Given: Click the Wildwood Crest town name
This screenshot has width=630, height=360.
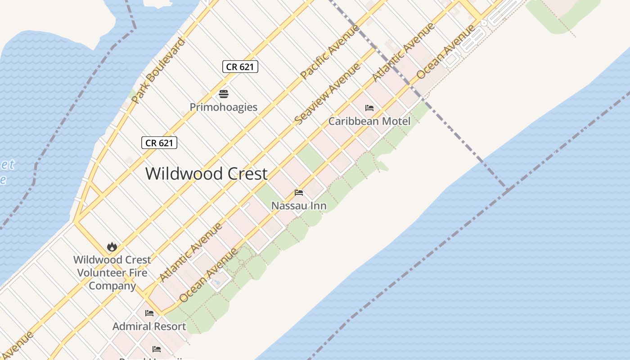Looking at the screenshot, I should [207, 174].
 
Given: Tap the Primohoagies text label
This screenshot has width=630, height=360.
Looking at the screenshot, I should [224, 107].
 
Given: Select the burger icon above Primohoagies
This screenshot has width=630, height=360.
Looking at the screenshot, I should [224, 94].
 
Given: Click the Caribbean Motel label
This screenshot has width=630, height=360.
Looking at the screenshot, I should [369, 121].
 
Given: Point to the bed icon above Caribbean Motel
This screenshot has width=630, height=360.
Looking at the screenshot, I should [369, 108].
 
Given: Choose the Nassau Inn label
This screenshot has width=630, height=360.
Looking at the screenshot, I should [299, 206].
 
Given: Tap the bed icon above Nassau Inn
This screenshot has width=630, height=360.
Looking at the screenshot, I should [299, 193].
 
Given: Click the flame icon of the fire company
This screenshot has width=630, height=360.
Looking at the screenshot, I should [112, 247].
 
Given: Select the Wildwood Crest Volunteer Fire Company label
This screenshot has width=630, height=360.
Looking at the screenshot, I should [112, 272].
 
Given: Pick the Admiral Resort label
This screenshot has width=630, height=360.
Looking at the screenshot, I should [149, 326].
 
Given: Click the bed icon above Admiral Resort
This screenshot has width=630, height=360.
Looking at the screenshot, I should [149, 313].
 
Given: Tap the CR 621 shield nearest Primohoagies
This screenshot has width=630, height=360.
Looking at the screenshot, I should [240, 67].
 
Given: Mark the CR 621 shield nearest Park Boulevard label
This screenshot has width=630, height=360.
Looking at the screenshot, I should [159, 143].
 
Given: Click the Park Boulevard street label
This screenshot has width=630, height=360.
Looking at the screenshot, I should [158, 71].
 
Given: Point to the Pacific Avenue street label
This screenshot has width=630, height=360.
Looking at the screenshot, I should [330, 51].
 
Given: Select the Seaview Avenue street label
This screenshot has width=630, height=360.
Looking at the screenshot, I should [327, 94].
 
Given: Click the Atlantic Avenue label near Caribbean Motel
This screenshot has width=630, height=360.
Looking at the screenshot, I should [403, 52].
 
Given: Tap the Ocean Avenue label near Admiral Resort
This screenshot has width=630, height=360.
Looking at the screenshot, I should [208, 275].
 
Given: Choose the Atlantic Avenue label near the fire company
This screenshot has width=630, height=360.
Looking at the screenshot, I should [191, 252].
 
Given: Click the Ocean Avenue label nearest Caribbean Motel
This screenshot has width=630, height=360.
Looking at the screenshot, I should [446, 52].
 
